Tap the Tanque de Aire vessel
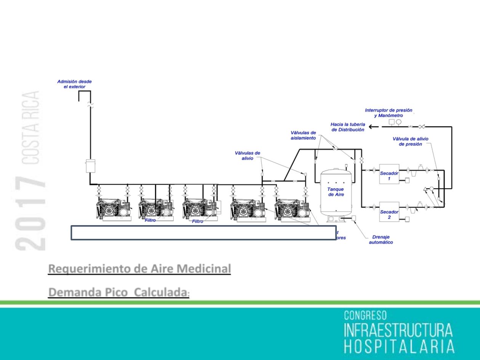pos(336,194)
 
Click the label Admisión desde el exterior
pos(74,84)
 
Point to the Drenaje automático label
pos(381,240)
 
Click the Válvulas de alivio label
pos(247,155)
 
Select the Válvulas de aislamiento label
pos(303,135)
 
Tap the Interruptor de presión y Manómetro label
pos(383,112)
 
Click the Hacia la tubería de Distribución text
pos(347,127)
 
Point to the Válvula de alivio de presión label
pos(410,141)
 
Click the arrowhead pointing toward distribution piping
pos(371,127)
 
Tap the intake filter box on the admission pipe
pos(91,166)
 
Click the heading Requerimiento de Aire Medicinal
pos(139,269)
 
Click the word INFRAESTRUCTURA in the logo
pos(398,331)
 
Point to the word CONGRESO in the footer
pos(365,316)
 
